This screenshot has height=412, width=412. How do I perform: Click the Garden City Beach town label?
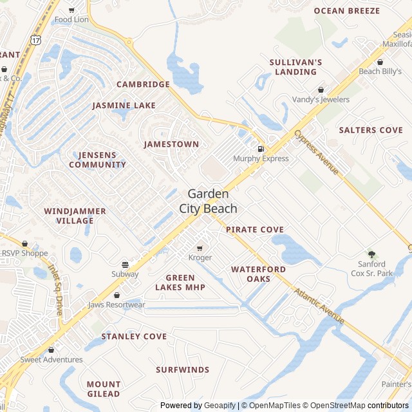tap(212, 201)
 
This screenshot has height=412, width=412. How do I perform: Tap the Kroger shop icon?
tap(200, 248)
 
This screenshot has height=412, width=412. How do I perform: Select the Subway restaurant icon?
tap(125, 265)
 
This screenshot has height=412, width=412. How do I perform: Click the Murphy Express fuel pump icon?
tap(261, 149)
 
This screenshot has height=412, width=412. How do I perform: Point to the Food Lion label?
tap(71, 19)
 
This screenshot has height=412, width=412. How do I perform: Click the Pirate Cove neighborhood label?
tap(255, 230)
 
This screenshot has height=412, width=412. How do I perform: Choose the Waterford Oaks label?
tap(259, 274)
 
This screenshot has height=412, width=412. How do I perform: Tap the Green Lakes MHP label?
tap(180, 283)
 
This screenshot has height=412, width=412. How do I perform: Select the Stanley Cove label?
tap(134, 337)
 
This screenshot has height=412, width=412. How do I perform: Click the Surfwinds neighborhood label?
tap(182, 370)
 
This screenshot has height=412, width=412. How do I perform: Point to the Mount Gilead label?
tap(104, 389)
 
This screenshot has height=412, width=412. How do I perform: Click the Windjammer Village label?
tap(69, 216)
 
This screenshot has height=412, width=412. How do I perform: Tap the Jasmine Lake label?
tap(124, 106)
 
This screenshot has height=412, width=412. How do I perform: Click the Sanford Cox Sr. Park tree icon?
tap(371, 254)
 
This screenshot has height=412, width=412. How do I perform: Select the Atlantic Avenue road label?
tap(320, 305)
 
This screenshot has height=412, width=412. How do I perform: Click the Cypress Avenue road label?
tap(317, 152)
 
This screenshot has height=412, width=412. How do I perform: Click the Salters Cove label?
tap(371, 130)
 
